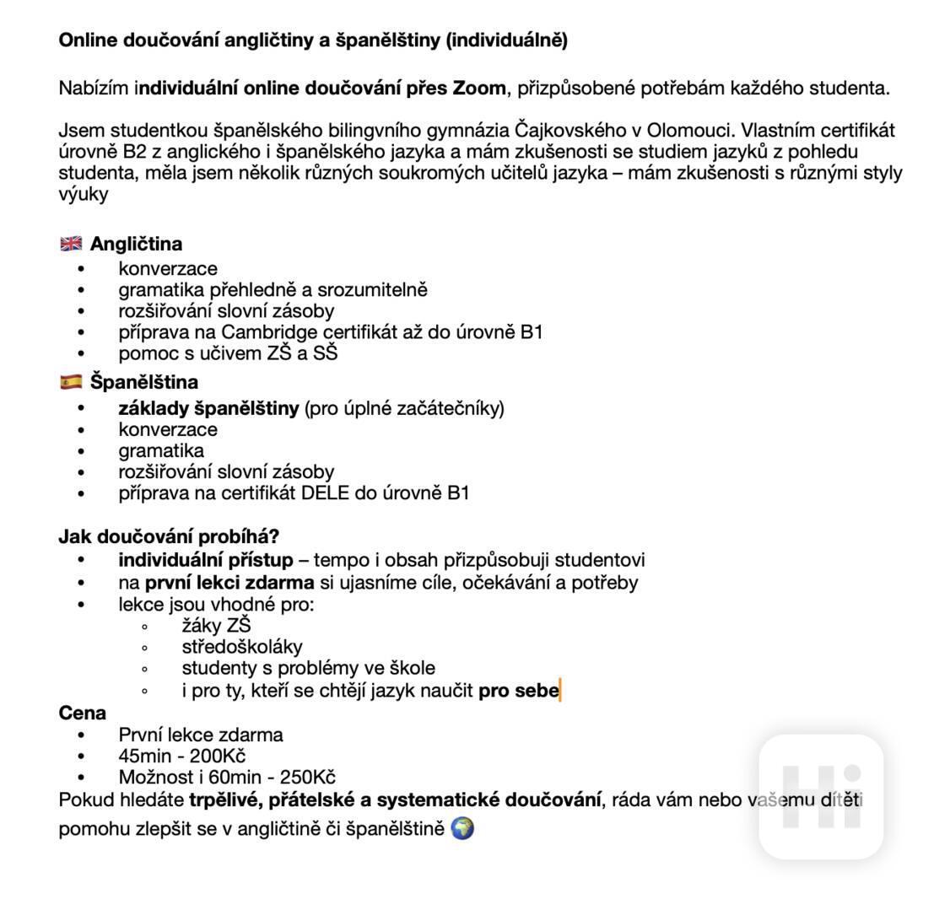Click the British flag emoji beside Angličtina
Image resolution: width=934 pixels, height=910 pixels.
[x=71, y=244]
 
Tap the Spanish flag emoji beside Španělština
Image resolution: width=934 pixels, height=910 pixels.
[x=71, y=382]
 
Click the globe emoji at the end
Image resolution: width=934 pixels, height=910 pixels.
[x=462, y=828]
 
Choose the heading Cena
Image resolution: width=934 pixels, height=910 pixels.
[x=83, y=713]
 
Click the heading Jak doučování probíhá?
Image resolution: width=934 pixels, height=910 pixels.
[x=169, y=536]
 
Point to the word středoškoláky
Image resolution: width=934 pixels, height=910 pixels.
[x=242, y=648]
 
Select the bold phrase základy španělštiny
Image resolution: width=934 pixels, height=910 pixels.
[x=208, y=409]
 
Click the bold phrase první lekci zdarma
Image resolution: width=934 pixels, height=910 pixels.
[x=229, y=583]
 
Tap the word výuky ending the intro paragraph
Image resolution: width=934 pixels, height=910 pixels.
[x=84, y=194]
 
